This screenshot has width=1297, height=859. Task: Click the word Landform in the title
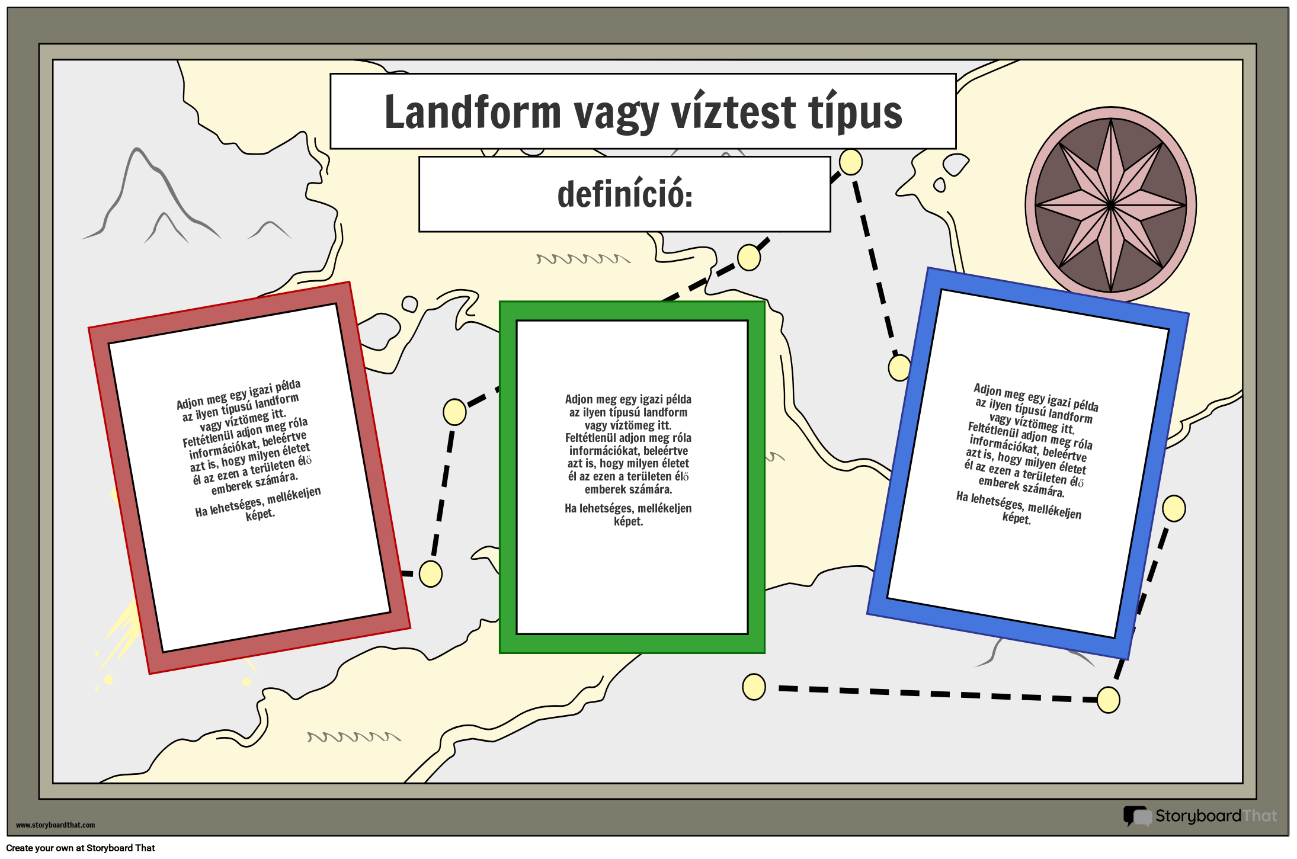coord(472,113)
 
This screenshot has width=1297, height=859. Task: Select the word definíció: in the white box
coord(625,194)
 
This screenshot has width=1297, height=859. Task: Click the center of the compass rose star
coord(1110,205)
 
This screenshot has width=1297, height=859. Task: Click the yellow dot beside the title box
coord(850,162)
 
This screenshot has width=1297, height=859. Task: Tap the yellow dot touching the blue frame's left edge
coord(899,367)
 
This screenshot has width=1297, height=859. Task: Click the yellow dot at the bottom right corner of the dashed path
coord(1108,700)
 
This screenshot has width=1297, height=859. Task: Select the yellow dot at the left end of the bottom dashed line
coord(754,687)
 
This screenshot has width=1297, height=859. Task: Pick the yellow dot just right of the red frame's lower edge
coord(431,573)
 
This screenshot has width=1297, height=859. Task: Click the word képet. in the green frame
coord(628,521)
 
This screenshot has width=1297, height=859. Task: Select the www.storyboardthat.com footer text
coord(55,825)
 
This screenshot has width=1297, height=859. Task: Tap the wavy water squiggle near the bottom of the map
coord(353,737)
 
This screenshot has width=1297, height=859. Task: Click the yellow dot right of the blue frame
coord(1173,508)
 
